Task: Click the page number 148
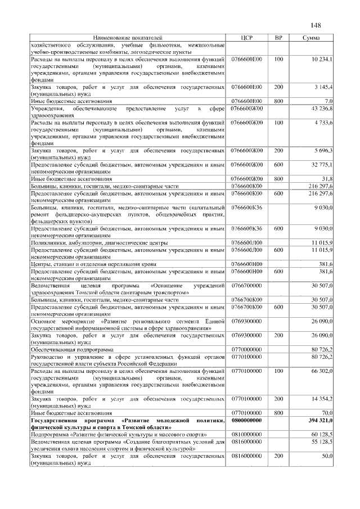click(x=315, y=25)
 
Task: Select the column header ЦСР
click(x=246, y=38)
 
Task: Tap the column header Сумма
click(x=311, y=38)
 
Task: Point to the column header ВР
click(x=277, y=38)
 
